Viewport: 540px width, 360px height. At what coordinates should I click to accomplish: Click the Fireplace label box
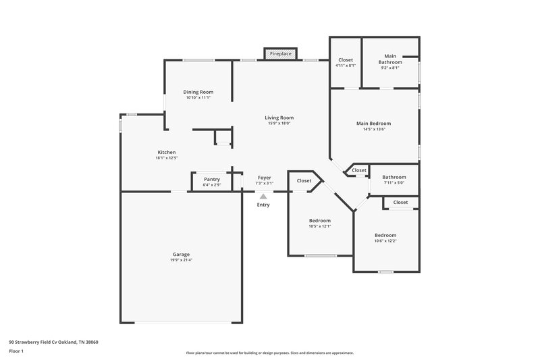279,53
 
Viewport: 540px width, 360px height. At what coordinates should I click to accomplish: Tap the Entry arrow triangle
263,197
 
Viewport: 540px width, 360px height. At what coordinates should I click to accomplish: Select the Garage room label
181,255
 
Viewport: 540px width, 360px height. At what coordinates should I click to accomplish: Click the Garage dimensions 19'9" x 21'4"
181,260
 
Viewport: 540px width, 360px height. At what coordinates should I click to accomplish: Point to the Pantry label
212,179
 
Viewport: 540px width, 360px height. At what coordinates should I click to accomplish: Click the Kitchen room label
167,152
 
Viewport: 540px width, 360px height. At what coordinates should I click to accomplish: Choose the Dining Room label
198,92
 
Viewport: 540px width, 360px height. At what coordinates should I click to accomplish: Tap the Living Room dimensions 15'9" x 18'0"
279,124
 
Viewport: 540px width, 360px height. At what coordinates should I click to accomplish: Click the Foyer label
264,178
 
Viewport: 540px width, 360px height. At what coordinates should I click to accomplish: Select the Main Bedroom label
374,124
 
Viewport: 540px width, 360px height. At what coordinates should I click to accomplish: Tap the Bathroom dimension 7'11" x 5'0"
395,182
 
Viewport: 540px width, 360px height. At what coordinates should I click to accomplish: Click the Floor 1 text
16,351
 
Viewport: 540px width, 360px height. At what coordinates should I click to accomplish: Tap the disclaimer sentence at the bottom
270,353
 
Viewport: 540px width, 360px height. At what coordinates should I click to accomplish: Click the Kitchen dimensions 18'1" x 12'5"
167,158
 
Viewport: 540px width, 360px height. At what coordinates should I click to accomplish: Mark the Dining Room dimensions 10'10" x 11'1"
198,98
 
